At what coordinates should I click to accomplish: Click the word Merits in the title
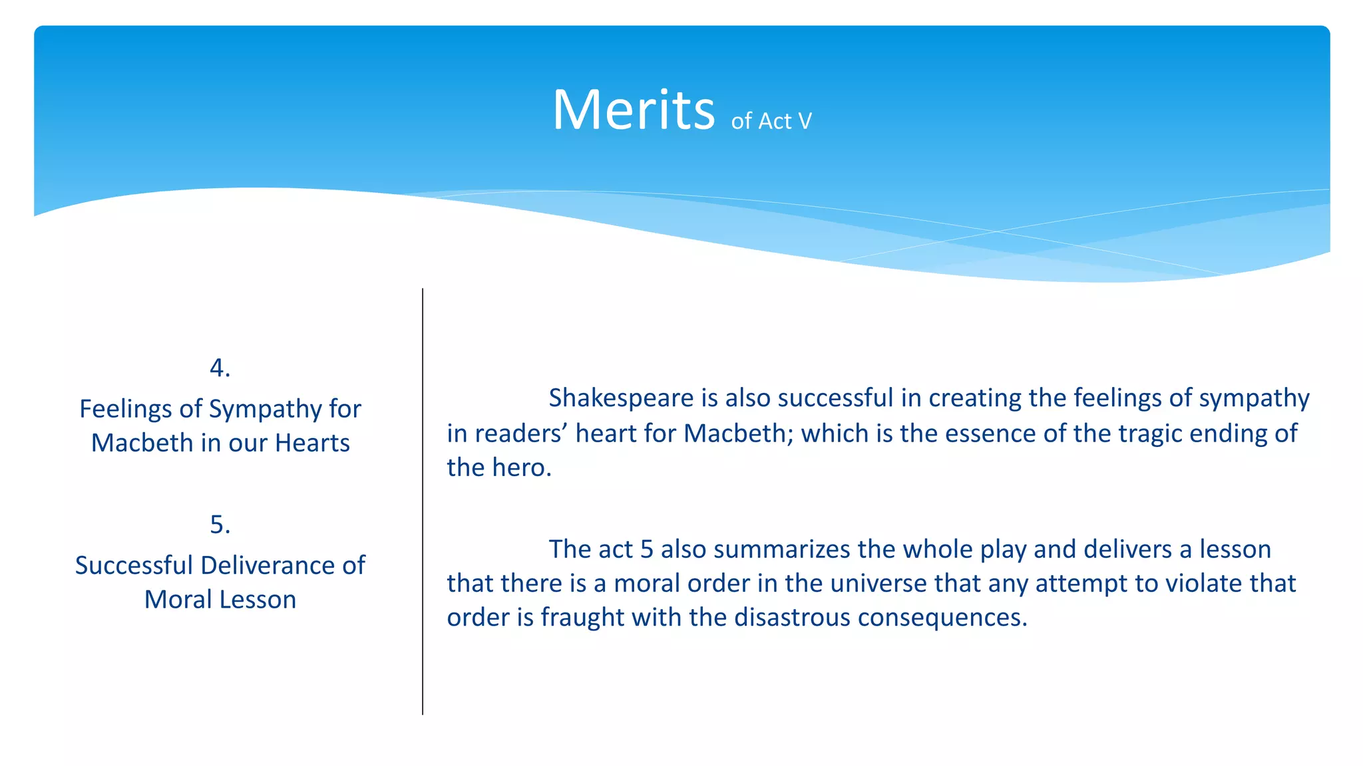pyautogui.click(x=633, y=110)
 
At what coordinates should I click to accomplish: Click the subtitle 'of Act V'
pyautogui.click(x=771, y=121)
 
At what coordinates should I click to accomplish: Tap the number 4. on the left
pyautogui.click(x=220, y=368)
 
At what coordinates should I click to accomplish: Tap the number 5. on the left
pyautogui.click(x=220, y=525)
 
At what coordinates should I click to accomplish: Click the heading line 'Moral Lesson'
pyautogui.click(x=220, y=600)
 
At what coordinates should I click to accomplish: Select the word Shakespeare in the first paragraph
pyautogui.click(x=621, y=398)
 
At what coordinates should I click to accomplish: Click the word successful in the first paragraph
pyautogui.click(x=835, y=398)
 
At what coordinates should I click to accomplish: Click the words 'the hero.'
pyautogui.click(x=499, y=467)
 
